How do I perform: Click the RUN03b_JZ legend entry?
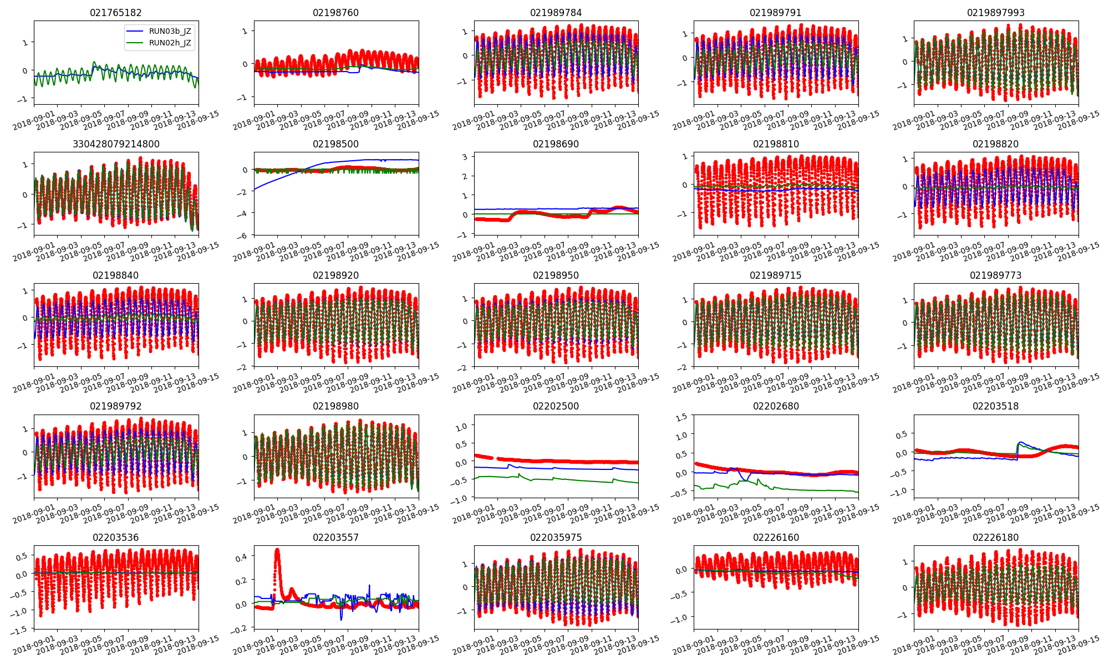click(170, 31)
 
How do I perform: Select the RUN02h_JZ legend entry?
click(170, 43)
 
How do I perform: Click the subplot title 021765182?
click(115, 13)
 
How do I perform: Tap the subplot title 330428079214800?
click(115, 144)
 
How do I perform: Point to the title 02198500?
click(335, 144)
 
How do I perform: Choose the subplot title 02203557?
click(335, 538)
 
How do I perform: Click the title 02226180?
click(995, 538)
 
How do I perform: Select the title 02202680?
click(776, 406)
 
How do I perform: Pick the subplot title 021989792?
click(115, 406)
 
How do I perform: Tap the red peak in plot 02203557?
click(277, 550)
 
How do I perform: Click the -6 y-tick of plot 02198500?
click(245, 235)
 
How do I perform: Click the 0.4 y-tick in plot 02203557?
click(243, 556)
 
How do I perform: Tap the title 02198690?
click(556, 144)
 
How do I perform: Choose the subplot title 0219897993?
click(995, 13)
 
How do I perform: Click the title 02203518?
click(995, 406)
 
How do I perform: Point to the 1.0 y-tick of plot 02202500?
click(461, 426)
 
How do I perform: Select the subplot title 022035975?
click(556, 538)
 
